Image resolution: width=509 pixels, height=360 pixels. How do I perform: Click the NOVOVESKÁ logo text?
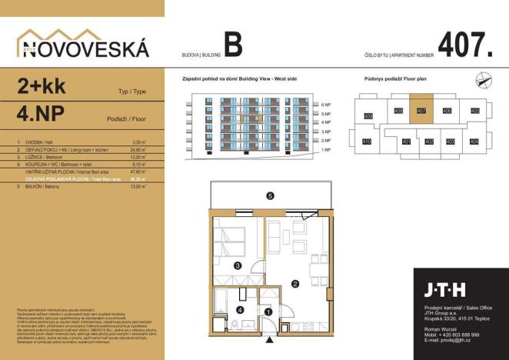click(82, 48)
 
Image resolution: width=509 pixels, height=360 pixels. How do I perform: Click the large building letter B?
click(233, 45)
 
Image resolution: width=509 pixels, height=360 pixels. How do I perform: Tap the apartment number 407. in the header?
click(464, 45)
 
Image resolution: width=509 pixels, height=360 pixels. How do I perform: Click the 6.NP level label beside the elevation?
click(325, 104)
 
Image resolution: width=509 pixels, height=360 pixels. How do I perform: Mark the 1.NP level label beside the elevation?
click(325, 150)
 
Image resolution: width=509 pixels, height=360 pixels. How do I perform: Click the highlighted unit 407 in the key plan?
click(421, 111)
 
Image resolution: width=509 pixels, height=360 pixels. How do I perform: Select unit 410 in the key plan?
click(367, 142)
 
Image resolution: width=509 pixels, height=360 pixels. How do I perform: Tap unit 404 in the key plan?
click(474, 142)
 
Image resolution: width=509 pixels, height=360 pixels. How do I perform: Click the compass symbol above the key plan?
click(481, 77)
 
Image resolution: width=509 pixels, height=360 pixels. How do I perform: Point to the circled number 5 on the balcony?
click(270, 196)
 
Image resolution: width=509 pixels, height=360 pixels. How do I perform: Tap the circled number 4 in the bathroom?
click(240, 309)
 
